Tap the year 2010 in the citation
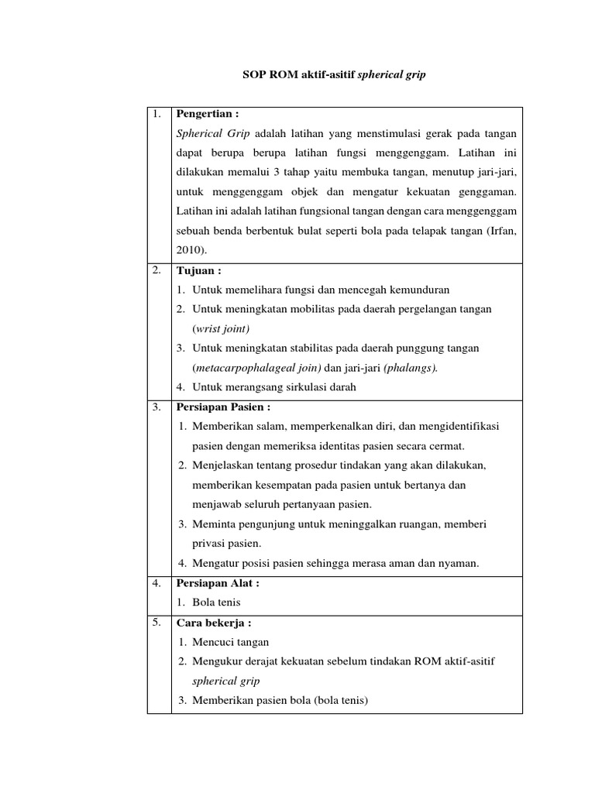point(190,250)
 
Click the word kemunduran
point(414,290)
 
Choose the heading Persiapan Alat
point(218,583)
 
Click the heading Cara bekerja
point(215,623)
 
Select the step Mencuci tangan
point(231,642)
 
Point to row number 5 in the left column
point(156,623)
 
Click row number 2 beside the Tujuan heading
point(156,270)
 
